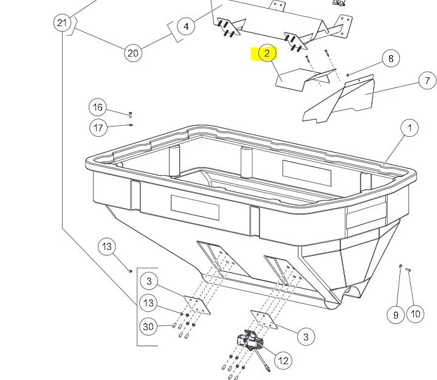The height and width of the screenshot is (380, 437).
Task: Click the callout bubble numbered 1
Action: coord(410,128)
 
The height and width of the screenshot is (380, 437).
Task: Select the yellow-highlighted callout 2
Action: coord(267,54)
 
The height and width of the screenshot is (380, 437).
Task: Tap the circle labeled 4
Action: coord(186,27)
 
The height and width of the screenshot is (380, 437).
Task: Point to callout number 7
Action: coord(427,80)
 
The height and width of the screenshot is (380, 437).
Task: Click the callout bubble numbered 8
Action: coord(391,58)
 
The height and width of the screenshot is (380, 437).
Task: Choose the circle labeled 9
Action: coord(396,314)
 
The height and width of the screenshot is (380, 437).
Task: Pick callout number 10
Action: coord(415,314)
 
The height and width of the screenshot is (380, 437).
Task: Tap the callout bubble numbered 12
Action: coord(283,360)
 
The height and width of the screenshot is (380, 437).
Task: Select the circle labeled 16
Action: coord(98,108)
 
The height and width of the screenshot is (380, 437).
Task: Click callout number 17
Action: coord(98,127)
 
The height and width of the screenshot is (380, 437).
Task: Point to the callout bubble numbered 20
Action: coord(133,53)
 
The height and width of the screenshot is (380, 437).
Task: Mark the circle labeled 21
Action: coord(61,23)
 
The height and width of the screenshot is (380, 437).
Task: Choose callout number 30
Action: coord(148,326)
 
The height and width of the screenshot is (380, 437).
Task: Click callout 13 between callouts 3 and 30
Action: coord(148,303)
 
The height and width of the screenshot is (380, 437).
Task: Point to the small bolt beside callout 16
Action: coord(130,114)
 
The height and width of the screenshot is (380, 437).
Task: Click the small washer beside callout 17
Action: coord(131,126)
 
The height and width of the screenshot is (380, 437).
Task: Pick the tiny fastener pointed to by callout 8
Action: coord(348,75)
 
